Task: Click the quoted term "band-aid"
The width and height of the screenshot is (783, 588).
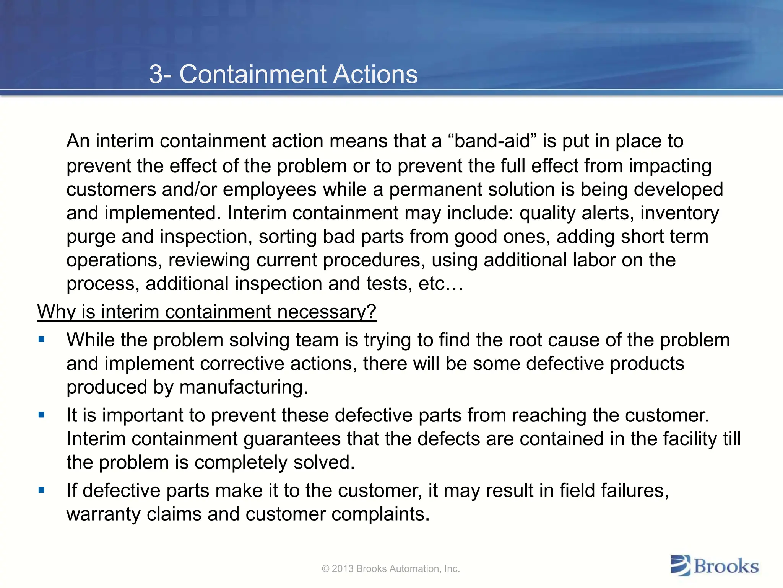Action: click(x=493, y=141)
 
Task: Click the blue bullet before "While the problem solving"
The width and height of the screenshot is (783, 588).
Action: click(x=42, y=339)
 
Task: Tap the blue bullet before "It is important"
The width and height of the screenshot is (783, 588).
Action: click(x=42, y=415)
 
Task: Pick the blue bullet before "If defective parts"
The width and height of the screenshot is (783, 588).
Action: click(x=42, y=490)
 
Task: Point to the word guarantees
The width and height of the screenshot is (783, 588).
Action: click(x=292, y=439)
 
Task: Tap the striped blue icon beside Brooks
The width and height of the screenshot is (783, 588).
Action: click(x=681, y=566)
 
